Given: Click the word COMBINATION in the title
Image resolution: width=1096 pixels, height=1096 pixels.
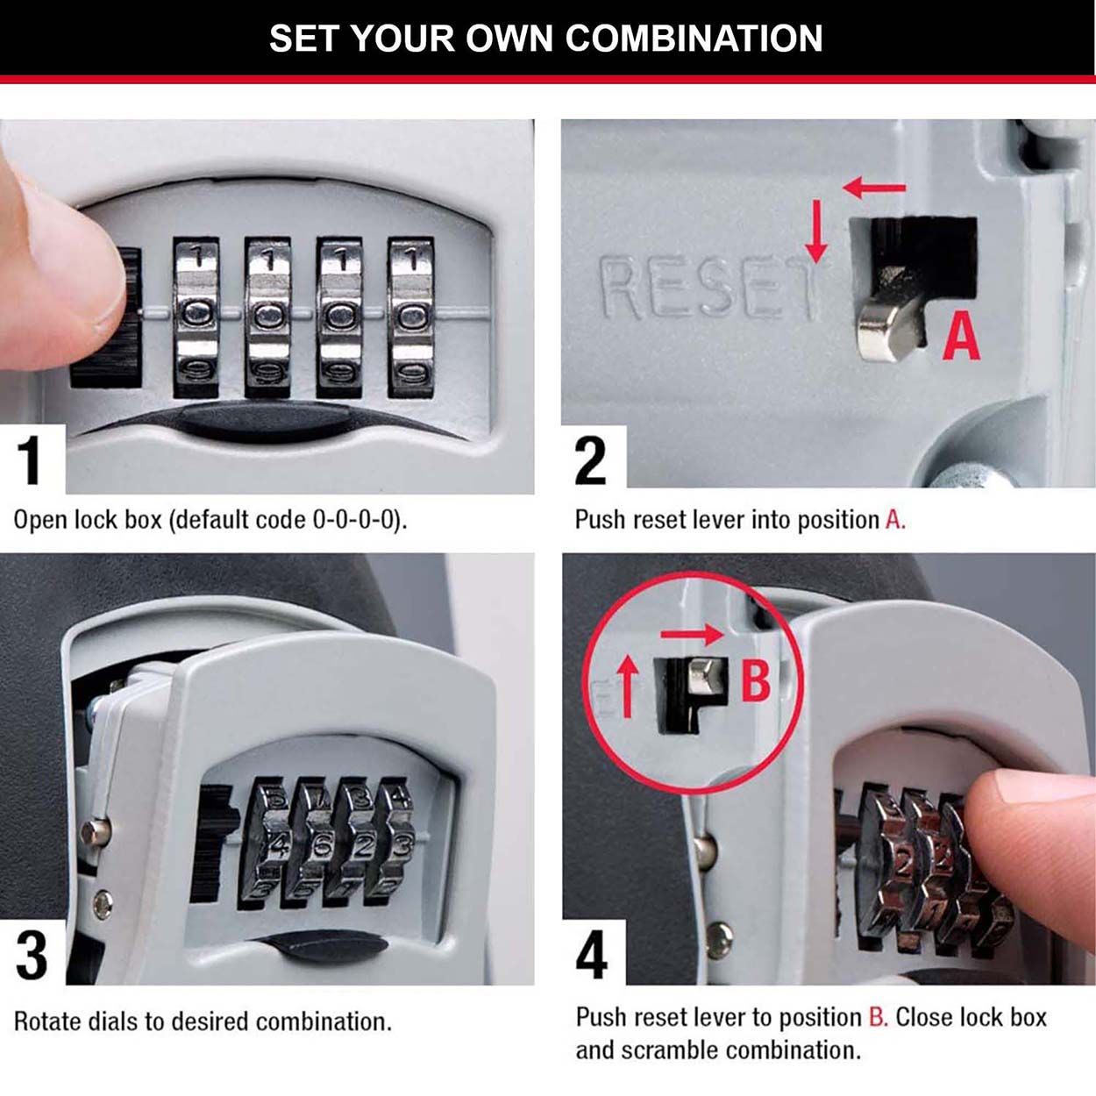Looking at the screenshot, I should coord(694,39).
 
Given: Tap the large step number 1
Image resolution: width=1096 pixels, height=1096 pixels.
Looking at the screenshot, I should coord(31,459).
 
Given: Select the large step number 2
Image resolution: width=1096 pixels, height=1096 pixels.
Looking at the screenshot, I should coord(590,459).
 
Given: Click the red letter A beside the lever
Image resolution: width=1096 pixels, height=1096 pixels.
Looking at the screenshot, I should coord(961,337).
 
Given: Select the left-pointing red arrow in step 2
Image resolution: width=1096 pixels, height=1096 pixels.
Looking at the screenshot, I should coord(873,187).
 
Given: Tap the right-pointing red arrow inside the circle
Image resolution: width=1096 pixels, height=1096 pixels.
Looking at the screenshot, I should coord(692,634).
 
